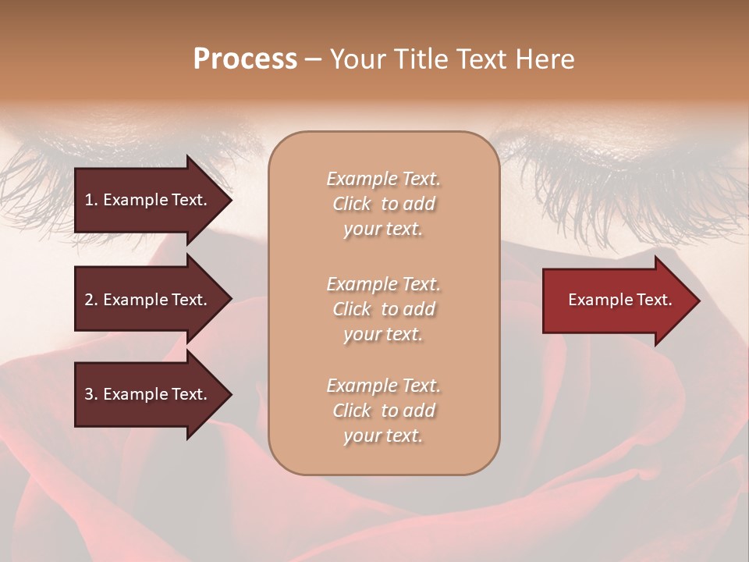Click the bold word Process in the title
click(245, 59)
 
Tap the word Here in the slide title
click(545, 59)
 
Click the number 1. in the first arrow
click(91, 200)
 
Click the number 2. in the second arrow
click(91, 300)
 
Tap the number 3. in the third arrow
click(91, 394)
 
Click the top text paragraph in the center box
click(383, 204)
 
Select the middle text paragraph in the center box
click(383, 309)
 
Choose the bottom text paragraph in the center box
click(383, 411)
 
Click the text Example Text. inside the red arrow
click(619, 300)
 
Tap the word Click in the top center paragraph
click(352, 204)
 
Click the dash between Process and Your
click(313, 59)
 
